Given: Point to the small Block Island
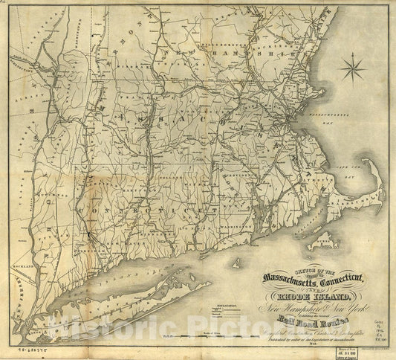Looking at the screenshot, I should (237, 262).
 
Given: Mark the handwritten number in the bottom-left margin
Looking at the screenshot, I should (27, 347).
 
